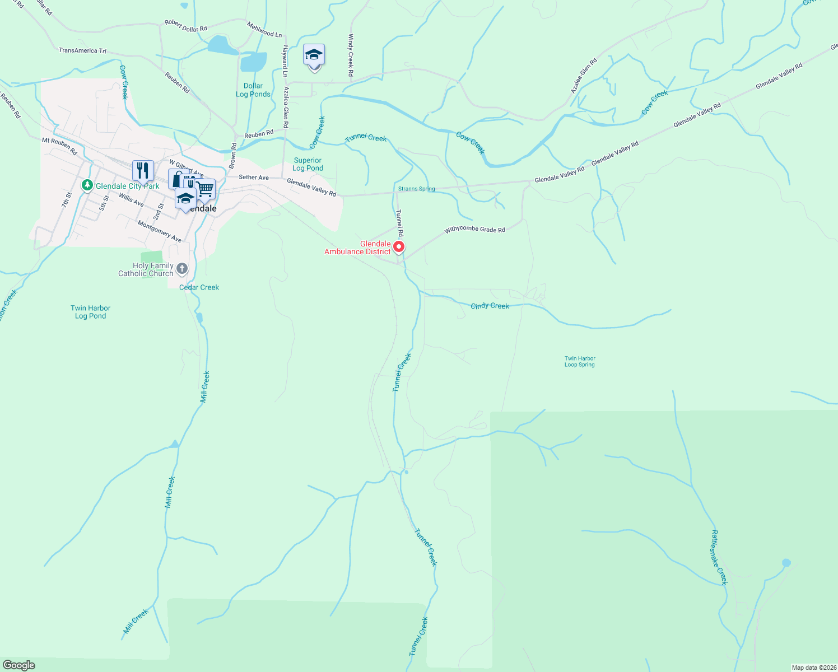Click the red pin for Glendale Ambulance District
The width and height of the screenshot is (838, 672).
pos(399,246)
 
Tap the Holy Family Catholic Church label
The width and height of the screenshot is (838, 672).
pos(146,270)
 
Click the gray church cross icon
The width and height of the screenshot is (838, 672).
pos(182,269)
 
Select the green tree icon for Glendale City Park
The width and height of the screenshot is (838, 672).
pos(87,185)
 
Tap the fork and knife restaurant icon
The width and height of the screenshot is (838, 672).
pos(143,170)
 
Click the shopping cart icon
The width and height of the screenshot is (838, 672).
pos(206,189)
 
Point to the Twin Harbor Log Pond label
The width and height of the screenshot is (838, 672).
pos(91,312)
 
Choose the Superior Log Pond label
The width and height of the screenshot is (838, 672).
pos(308,164)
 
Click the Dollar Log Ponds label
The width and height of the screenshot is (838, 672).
pos(253,90)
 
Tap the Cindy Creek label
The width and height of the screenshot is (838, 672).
pos(490,306)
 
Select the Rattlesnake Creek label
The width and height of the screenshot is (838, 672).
pos(719,557)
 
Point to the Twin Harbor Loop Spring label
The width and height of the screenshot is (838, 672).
pos(580,362)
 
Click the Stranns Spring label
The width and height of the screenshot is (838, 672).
pos(416,189)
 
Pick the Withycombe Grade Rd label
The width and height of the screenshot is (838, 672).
pos(475,230)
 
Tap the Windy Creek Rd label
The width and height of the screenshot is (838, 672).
pos(351,55)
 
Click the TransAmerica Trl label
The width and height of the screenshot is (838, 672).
pos(82,50)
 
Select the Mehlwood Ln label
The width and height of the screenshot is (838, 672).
pos(264,30)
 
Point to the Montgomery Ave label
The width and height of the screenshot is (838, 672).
pos(160,231)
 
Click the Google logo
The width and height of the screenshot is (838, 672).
pos(19,665)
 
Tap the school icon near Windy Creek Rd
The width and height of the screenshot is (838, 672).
pos(314,55)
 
